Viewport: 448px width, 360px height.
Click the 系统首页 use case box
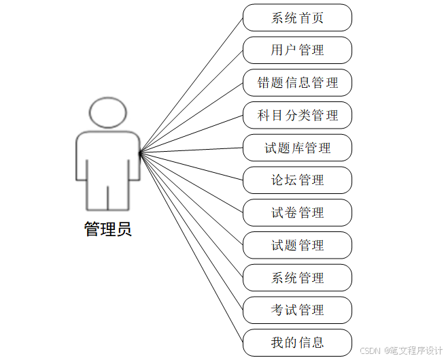297,18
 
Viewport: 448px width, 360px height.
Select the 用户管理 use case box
297,50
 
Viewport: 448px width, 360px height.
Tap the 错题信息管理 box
297,83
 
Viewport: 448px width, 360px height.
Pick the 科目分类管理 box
297,116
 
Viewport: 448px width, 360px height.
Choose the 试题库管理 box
297,148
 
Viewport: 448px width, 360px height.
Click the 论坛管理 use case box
297,180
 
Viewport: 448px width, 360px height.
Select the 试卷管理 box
297,213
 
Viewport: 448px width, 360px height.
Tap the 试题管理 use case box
297,245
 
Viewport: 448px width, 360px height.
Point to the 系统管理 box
297,278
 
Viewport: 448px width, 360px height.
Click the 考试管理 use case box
297,310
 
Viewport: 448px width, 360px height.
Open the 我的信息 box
297,342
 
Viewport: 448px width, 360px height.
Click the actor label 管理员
107,229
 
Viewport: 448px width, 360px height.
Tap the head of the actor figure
107,113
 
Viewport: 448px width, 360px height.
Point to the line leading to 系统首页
191,84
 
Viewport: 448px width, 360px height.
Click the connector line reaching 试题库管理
191,150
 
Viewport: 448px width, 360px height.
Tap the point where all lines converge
139,152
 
